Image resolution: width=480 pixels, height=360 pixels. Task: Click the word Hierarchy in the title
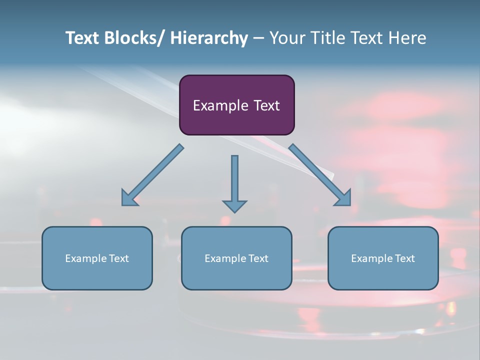209,38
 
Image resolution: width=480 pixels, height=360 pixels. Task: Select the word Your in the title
287,38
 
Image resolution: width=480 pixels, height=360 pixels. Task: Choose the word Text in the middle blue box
258,258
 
